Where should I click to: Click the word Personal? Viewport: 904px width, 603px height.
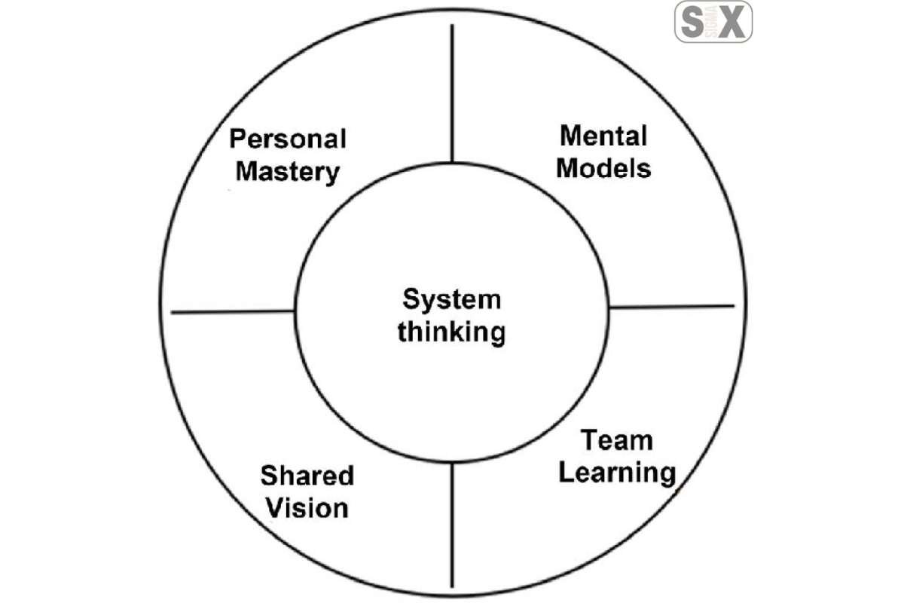(x=288, y=139)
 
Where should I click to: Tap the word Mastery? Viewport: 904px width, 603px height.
(x=288, y=172)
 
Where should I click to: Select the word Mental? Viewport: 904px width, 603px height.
(x=603, y=136)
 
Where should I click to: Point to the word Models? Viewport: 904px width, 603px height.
(x=603, y=168)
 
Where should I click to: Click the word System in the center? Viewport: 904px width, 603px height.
(x=451, y=300)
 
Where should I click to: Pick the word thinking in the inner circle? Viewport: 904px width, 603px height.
(x=451, y=332)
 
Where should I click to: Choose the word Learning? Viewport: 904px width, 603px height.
(x=617, y=473)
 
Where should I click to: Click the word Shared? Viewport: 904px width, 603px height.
(x=307, y=476)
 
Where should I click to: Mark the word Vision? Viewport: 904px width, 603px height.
(x=306, y=507)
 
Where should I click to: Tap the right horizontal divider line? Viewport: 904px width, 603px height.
(x=670, y=307)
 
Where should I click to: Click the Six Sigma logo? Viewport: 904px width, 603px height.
(x=713, y=22)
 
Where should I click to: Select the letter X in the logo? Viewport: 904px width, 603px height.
(x=732, y=22)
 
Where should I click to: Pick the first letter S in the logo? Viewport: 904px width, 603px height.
(x=690, y=22)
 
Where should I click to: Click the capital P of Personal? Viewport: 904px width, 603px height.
(x=239, y=139)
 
